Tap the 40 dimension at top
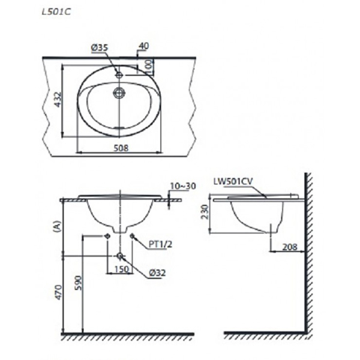pyautogui.click(x=143, y=46)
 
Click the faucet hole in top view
pyautogui.click(x=119, y=75)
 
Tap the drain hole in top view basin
pyautogui.click(x=119, y=92)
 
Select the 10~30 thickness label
pyautogui.click(x=183, y=187)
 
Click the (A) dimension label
pyautogui.click(x=58, y=226)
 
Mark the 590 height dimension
pyautogui.click(x=77, y=282)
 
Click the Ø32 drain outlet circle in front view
pyautogui.click(x=120, y=256)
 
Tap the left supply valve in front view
pyautogui.click(x=107, y=236)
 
